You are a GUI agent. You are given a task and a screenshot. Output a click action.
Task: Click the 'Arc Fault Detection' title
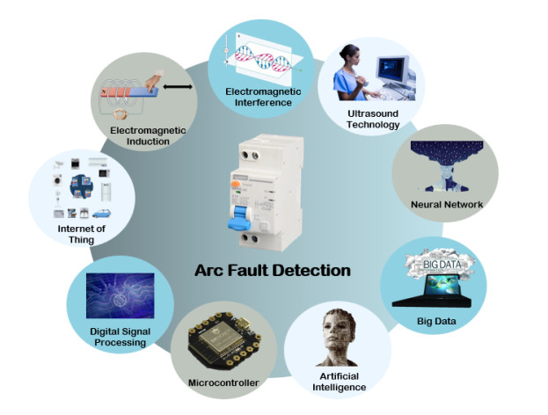[x=272, y=270]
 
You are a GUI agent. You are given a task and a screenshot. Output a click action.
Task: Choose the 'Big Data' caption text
[x=437, y=321]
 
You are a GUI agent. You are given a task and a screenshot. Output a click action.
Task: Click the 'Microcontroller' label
[x=223, y=382]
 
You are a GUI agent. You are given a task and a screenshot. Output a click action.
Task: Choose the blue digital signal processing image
[x=120, y=295]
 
